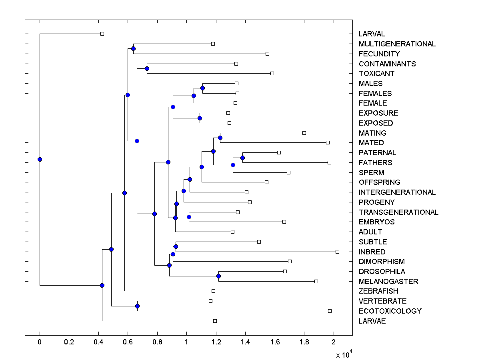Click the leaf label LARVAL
372,34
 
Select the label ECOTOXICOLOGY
390,311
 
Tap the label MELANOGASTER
388,282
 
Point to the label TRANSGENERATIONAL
398,212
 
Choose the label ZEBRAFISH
378,291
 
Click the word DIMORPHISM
382,262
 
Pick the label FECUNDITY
379,54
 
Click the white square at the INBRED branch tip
337,252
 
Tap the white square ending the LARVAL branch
102,34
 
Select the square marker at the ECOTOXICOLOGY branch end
330,311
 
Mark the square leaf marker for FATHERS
329,162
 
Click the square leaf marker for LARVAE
215,321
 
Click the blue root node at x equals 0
40,159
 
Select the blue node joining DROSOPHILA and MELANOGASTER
218,276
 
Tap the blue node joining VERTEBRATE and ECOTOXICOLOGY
137,306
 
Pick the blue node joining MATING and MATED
220,138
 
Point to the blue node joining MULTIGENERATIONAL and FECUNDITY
133,48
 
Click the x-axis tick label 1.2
216,342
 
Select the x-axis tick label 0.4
98,342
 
